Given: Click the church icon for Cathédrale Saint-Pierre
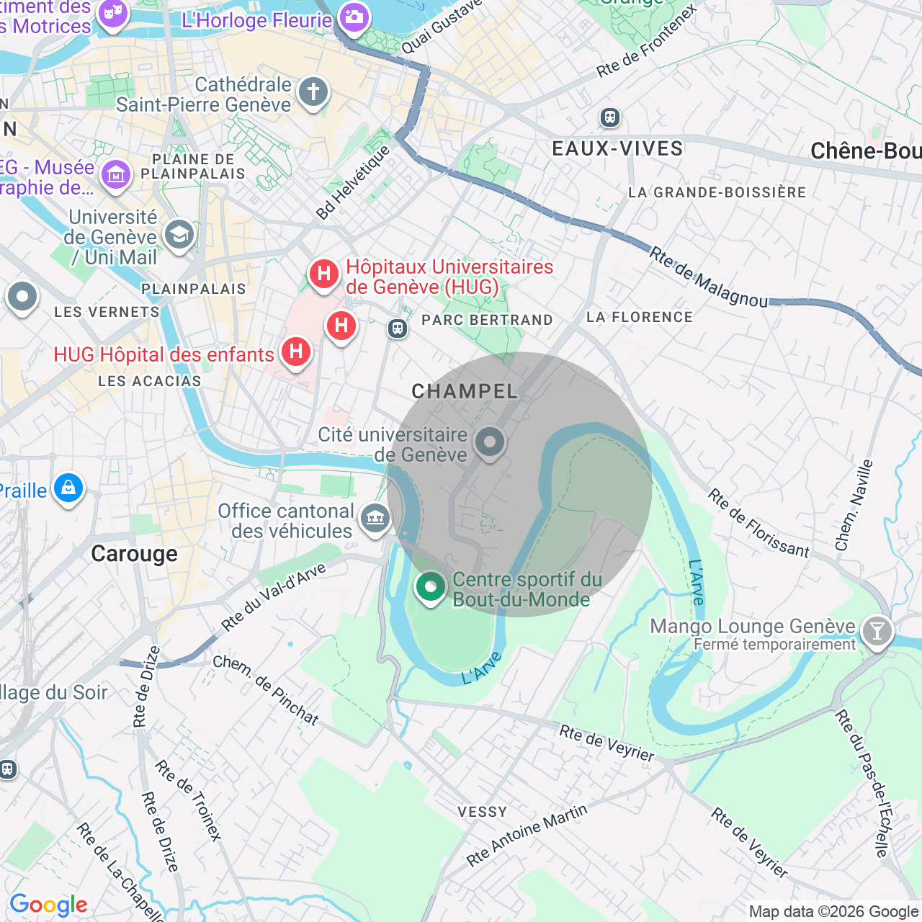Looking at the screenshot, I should click(x=313, y=92).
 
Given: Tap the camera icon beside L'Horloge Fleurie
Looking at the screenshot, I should click(x=354, y=17).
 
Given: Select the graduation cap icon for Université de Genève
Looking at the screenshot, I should click(x=179, y=234).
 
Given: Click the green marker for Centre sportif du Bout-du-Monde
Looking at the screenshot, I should click(x=431, y=587).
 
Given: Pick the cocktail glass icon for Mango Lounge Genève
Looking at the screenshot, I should click(x=877, y=632).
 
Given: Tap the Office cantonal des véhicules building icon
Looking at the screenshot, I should click(x=375, y=517).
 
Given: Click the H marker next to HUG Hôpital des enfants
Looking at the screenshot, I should click(x=295, y=352).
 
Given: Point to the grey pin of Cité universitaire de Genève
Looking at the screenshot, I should click(x=490, y=441).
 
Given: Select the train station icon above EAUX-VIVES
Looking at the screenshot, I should click(x=610, y=117).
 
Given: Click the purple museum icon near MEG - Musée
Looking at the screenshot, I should click(x=115, y=174).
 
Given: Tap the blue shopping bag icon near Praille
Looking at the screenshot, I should click(x=68, y=488).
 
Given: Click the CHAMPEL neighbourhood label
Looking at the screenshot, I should click(x=465, y=391).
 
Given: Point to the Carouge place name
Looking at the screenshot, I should click(x=134, y=553).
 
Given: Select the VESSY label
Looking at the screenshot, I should click(x=483, y=812).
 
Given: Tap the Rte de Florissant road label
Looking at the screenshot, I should click(x=758, y=524).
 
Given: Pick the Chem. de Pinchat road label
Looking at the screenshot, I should click(x=266, y=690).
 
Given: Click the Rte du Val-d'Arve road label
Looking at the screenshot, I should click(x=274, y=597).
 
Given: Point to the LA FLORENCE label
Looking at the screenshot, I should click(x=639, y=317).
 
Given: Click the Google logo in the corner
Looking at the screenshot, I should click(x=48, y=905).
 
